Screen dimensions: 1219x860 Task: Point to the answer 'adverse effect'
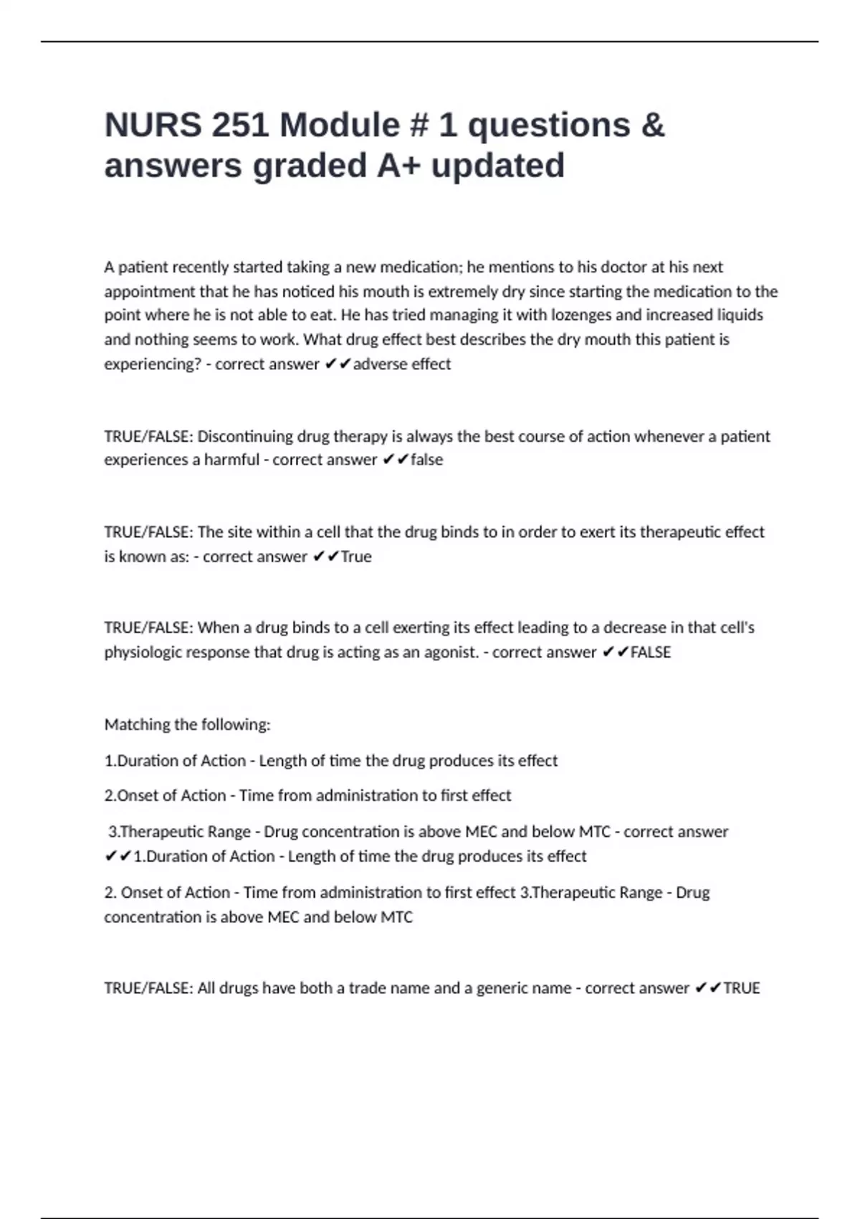click(x=402, y=364)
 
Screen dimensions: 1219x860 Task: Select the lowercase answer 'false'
click(x=426, y=460)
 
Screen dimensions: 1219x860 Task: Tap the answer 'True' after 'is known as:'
click(x=356, y=556)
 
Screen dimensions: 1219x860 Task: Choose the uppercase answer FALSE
click(x=651, y=652)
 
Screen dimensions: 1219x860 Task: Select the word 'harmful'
click(x=231, y=460)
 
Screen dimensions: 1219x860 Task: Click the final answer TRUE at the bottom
click(x=742, y=987)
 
